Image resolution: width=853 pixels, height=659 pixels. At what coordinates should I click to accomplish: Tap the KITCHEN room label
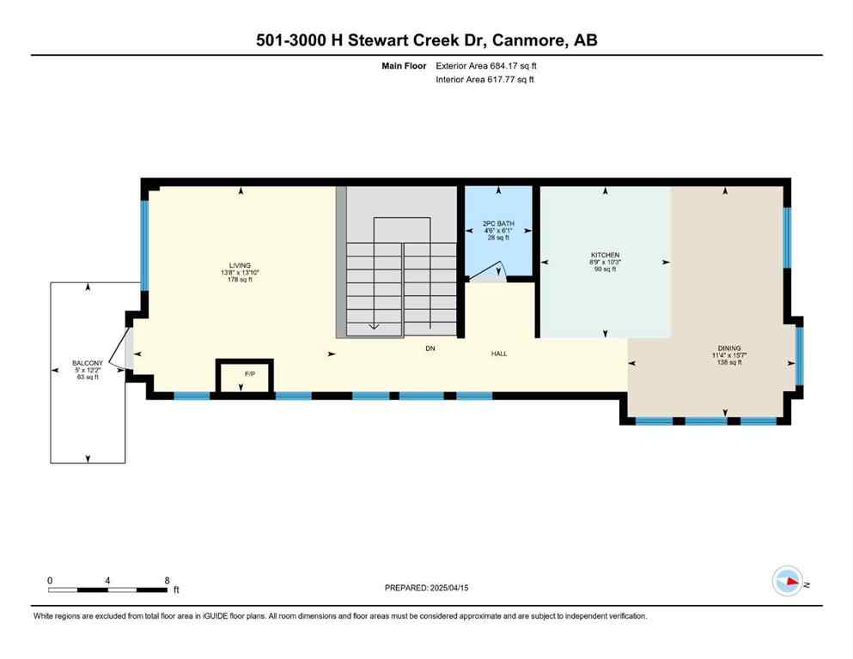pyautogui.click(x=605, y=255)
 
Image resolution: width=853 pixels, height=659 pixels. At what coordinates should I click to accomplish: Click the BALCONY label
pyautogui.click(x=88, y=363)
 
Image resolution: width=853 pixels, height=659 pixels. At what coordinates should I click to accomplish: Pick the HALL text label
pyautogui.click(x=499, y=354)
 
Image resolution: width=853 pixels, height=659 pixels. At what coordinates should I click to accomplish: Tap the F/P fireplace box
pyautogui.click(x=245, y=376)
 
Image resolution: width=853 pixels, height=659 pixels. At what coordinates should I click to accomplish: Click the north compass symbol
pyautogui.click(x=787, y=582)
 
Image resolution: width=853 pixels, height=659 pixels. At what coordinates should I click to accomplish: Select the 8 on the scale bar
pyautogui.click(x=166, y=580)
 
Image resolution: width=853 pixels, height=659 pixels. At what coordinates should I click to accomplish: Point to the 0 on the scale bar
pyautogui.click(x=50, y=580)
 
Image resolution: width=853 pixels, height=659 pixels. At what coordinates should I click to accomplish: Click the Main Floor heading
pyautogui.click(x=404, y=65)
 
